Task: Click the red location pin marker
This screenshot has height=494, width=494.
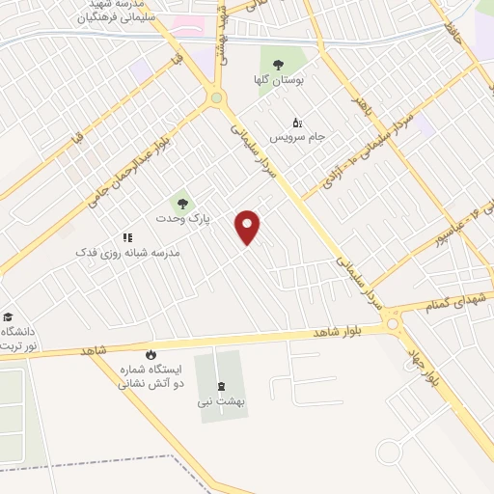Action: (249, 227)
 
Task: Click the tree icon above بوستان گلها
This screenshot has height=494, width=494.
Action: (279, 65)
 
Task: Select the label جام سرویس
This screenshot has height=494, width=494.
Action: (297, 137)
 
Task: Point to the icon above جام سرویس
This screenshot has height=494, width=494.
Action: (296, 122)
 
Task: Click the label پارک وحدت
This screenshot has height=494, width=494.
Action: (182, 219)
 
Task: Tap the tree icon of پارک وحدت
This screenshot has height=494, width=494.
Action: (180, 203)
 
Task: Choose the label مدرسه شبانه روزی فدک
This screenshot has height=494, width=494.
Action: (128, 252)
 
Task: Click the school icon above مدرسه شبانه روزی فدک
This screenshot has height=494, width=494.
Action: (126, 236)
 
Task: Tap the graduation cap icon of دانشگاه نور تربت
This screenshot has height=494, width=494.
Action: (8, 316)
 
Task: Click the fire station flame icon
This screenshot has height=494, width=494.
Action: (151, 355)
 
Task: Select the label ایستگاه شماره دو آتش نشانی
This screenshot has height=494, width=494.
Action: (150, 376)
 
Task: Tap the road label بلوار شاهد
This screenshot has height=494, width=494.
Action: (334, 332)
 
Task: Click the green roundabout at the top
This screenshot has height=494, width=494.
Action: (216, 97)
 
